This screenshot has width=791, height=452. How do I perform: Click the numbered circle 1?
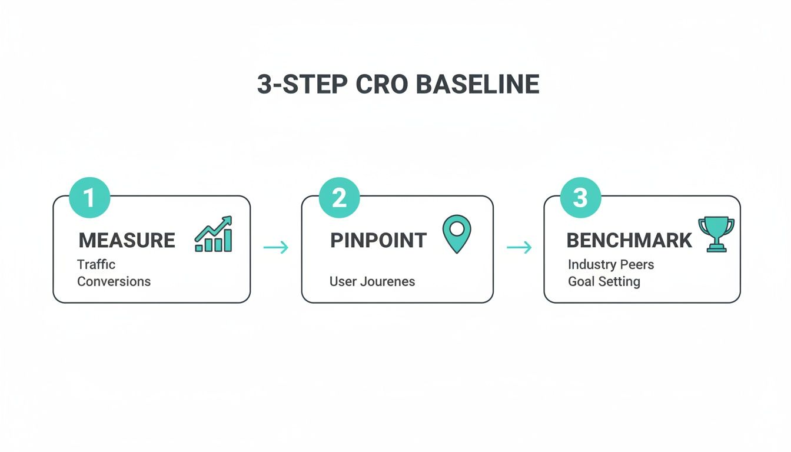pos(89,198)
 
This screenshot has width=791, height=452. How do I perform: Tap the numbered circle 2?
pos(339,198)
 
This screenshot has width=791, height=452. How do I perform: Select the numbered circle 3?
pos(580,198)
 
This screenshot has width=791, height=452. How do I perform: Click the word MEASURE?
pos(127,240)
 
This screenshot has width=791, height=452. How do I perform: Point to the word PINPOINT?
pos(378,240)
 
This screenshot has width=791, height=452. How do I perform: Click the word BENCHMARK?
pos(629,240)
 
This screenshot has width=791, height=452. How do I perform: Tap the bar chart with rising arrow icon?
pos(214,234)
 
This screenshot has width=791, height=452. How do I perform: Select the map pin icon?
pos(457,234)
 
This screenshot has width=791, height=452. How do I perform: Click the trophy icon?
pos(716,234)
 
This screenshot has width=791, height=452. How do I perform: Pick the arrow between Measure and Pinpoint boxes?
pos(276,247)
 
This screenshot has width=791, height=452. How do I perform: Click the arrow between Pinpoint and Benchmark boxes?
pos(519,247)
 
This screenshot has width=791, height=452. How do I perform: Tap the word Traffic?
pos(97,264)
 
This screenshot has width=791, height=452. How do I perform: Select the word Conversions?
pos(114,281)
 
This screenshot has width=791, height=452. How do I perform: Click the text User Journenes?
pos(372,281)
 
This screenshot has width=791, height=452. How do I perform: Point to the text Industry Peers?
pos(610,264)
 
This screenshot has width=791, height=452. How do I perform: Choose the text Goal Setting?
pos(603,281)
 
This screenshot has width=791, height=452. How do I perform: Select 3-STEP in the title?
pos(302,85)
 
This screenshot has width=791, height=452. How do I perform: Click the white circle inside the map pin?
pos(457,227)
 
